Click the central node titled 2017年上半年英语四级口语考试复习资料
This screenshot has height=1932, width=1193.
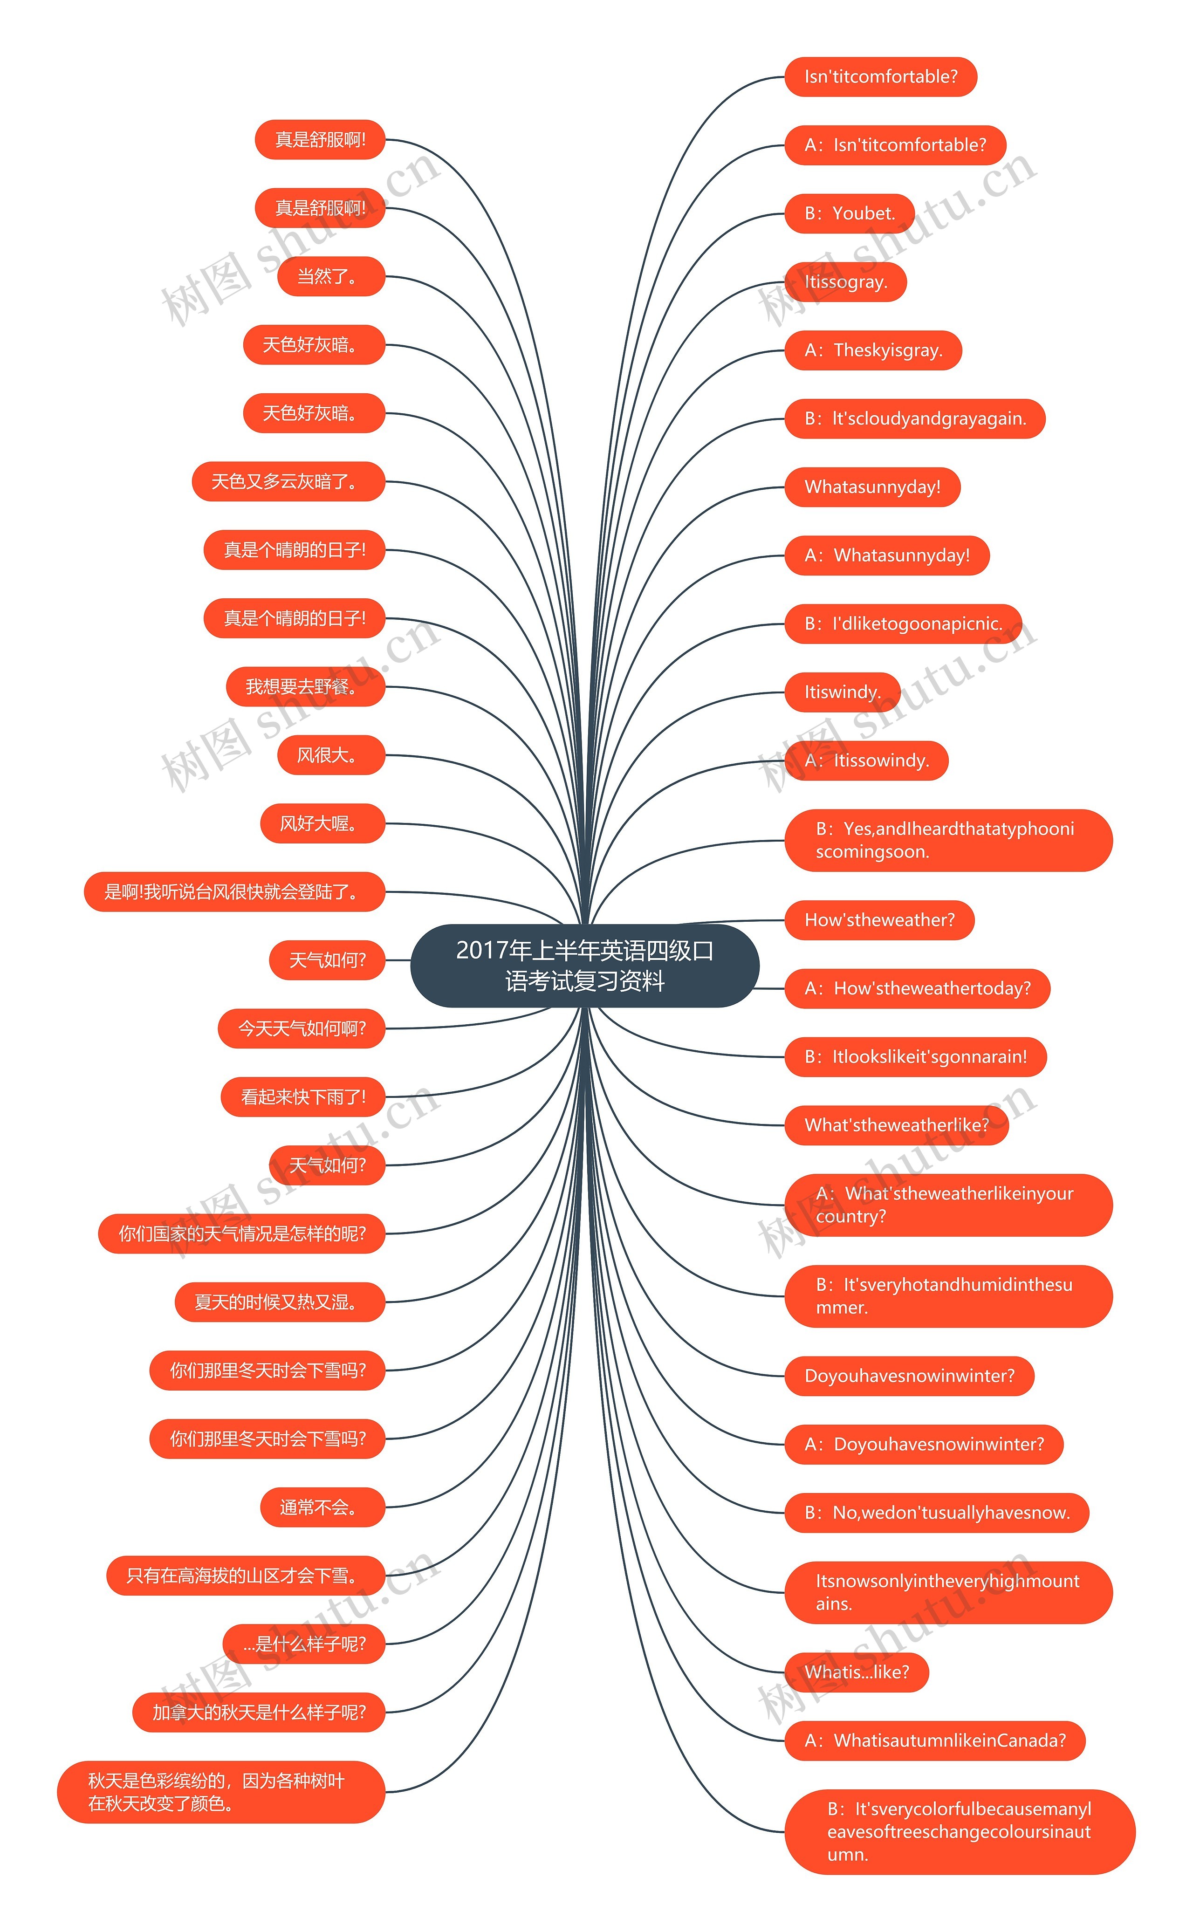[x=585, y=966]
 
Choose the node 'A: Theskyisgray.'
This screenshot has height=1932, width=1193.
[x=873, y=350]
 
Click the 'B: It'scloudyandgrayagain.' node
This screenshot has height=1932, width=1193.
[x=914, y=419]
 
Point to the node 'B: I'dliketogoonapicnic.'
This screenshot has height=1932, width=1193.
[x=903, y=624]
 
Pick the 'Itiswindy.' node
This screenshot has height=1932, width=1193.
[x=842, y=692]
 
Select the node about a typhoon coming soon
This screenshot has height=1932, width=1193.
[x=947, y=840]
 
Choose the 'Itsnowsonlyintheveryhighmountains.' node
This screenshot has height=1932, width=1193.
[x=947, y=1592]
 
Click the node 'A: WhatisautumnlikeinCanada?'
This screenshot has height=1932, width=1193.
[x=934, y=1741]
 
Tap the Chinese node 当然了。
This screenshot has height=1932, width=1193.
[x=330, y=277]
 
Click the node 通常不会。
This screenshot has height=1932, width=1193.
[x=322, y=1507]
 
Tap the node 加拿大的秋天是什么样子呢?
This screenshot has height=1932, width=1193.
[x=259, y=1713]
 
